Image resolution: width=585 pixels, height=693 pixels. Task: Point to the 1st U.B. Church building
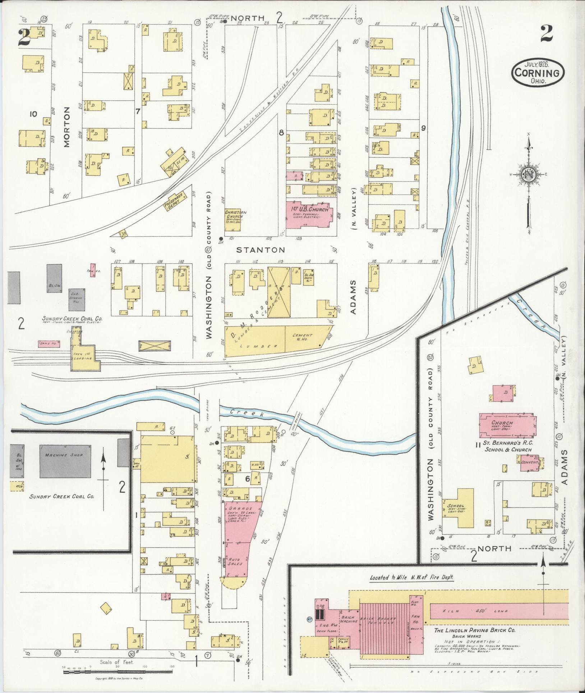pyautogui.click(x=309, y=214)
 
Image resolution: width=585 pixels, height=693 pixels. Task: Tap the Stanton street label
pyautogui.click(x=261, y=249)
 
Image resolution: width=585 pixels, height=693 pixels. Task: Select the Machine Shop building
pyautogui.click(x=64, y=460)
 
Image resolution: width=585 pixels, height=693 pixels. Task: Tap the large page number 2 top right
pyautogui.click(x=546, y=35)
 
